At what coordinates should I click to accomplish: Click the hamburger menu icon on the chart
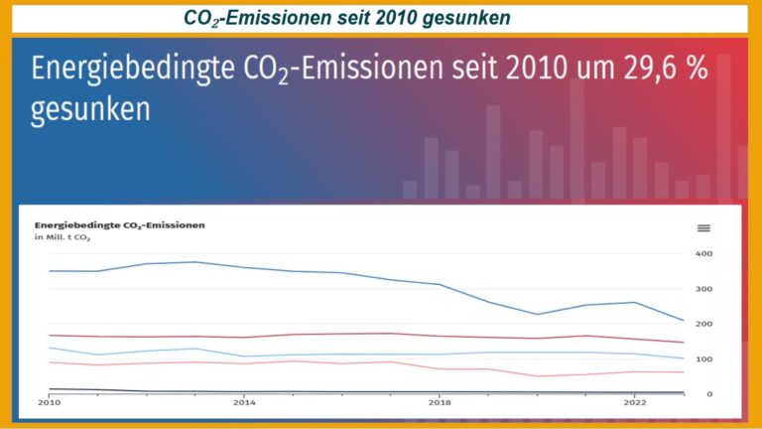tap(703, 227)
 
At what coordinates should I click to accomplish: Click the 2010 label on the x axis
tap(49, 403)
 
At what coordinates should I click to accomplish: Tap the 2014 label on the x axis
tap(243, 403)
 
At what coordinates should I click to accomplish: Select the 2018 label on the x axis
tap(439, 403)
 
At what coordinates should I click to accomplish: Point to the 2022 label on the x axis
tap(634, 403)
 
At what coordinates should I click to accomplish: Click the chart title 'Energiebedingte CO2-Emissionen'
tap(120, 225)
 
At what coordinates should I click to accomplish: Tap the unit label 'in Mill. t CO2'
tap(63, 239)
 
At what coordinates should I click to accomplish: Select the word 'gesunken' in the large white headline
tap(90, 109)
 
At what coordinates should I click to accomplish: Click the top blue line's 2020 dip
tap(537, 314)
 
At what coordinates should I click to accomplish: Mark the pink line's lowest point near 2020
tap(537, 376)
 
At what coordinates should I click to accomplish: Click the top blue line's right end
tap(683, 321)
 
